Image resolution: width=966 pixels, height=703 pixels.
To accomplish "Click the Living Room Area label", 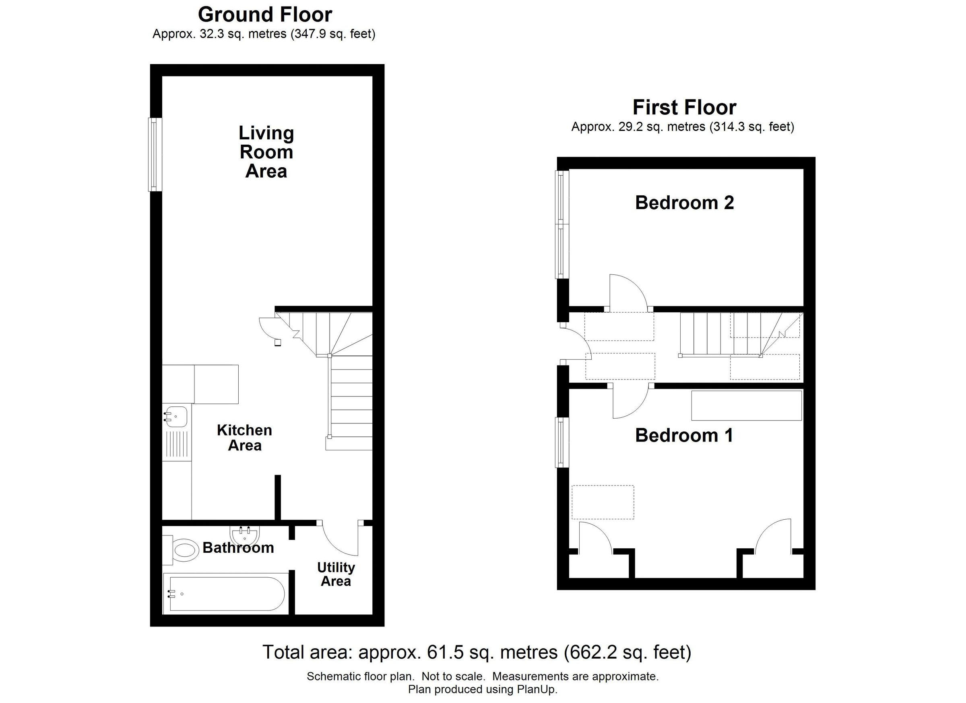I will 266,152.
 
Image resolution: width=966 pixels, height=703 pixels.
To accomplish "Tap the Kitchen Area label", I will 244,438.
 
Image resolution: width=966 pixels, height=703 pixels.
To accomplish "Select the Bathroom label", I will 238,548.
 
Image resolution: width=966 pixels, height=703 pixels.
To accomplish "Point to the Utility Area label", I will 336,574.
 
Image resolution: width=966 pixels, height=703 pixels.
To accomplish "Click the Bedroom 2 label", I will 685,203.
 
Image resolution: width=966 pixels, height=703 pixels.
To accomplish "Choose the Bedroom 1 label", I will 684,435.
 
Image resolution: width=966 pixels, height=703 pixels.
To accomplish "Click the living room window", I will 155,154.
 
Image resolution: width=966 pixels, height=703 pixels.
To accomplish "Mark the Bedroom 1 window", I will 562,442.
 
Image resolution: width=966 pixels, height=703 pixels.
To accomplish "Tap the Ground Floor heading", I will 265,15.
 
